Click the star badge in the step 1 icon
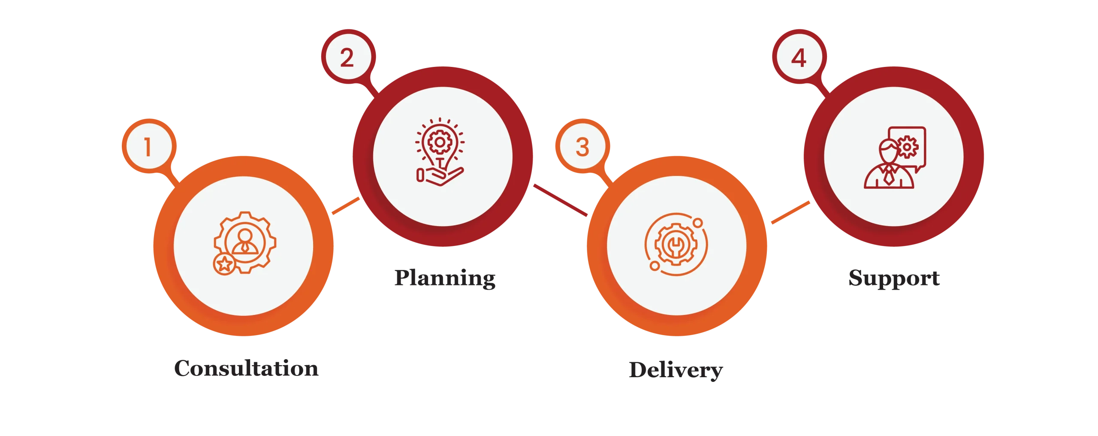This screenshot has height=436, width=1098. click(x=224, y=264)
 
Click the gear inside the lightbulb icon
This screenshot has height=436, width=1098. click(x=439, y=142)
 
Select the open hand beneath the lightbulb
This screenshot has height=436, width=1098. click(x=440, y=176)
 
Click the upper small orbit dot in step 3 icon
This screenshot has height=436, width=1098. click(x=698, y=223)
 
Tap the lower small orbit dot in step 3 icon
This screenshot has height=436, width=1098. click(x=655, y=266)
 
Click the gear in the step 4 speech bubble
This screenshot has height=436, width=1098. click(x=906, y=147)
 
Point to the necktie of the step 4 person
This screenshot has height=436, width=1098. click(x=890, y=176)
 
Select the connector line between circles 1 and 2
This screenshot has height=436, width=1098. click(x=346, y=206)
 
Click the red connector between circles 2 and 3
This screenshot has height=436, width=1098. click(x=561, y=200)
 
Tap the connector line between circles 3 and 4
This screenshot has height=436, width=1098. click(x=790, y=212)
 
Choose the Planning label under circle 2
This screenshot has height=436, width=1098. click(x=446, y=279)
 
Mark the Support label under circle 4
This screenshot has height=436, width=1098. click(x=893, y=279)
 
